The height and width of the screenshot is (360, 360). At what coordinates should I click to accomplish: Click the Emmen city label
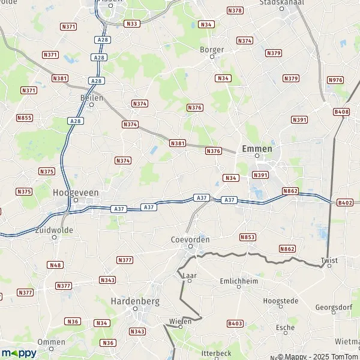[257, 148]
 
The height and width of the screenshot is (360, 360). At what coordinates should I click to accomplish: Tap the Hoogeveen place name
[76, 192]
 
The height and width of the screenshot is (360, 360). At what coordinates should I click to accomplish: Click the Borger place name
[212, 50]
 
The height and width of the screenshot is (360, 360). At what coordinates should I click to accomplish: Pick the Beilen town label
[92, 97]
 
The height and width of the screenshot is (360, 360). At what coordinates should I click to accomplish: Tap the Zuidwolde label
[54, 229]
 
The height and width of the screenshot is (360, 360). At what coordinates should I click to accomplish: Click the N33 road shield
[131, 23]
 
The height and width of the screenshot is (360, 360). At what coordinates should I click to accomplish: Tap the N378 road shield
[235, 11]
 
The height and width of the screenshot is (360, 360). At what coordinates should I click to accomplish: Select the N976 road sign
[335, 80]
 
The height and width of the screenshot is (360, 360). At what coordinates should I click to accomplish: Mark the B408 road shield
[341, 112]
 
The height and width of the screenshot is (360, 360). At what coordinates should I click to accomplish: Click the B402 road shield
[345, 203]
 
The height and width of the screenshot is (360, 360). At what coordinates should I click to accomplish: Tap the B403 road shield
[235, 323]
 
